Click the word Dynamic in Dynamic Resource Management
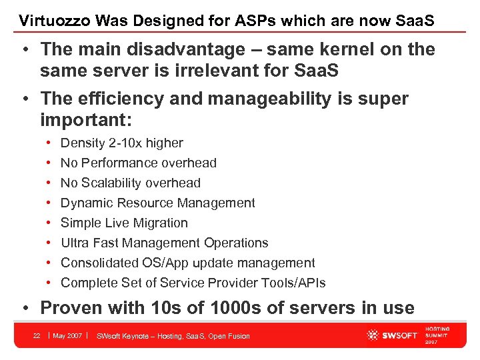point(83,203)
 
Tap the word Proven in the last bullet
point(71,308)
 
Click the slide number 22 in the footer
point(37,335)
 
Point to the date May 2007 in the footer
point(67,335)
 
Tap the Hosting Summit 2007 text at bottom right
point(437,335)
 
